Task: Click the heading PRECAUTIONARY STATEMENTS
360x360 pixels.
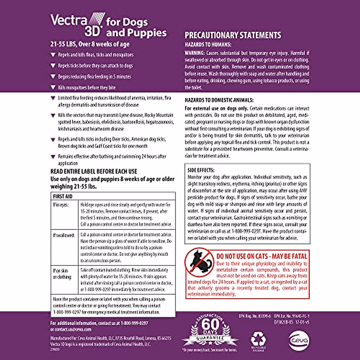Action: pos(233,35)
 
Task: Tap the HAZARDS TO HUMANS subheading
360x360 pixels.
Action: pos(208,45)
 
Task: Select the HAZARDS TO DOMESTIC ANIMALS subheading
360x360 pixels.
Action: pos(219,100)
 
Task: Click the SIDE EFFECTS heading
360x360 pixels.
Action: pos(201,170)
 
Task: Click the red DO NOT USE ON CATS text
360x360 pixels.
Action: pos(262,256)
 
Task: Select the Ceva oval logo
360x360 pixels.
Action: pos(299,340)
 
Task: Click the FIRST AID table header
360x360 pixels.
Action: pos(63,196)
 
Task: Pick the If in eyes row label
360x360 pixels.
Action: pos(61,205)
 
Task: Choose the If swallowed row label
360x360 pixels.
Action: pos(64,235)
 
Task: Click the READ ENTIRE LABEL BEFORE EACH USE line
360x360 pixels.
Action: pos(94,172)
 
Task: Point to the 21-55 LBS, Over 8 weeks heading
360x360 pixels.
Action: pos(90,44)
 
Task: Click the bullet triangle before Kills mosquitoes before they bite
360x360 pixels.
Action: pos(53,88)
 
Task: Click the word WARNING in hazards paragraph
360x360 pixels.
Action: pos(194,53)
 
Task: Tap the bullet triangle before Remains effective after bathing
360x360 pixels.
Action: pos(53,157)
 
